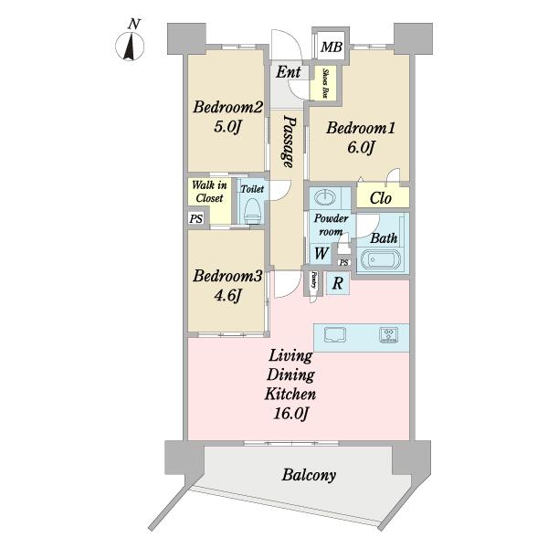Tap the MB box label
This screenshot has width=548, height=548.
[331, 47]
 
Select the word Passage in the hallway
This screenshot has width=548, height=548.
[289, 141]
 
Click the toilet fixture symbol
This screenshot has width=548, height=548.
[251, 209]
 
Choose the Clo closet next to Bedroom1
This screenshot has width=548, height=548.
[382, 197]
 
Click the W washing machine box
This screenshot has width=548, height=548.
[321, 254]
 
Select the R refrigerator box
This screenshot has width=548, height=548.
[338, 283]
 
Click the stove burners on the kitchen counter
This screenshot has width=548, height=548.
[390, 334]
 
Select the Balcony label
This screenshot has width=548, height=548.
[308, 475]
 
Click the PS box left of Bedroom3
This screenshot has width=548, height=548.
[195, 218]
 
